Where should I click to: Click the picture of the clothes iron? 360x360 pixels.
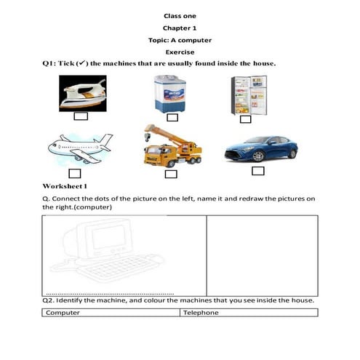point(81,94)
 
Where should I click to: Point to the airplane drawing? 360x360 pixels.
point(80,148)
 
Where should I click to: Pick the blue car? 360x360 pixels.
point(260,148)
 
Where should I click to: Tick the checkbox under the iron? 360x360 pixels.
point(81,116)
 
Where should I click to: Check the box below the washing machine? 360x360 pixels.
point(172,117)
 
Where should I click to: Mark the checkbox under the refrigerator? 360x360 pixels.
point(245,119)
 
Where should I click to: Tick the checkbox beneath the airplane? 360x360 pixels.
point(74,173)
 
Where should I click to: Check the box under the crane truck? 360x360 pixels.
point(171,174)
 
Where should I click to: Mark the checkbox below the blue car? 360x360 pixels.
point(257,171)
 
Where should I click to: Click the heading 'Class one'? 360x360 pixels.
point(180,15)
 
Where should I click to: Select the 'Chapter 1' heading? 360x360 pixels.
point(180,28)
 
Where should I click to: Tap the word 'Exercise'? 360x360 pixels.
point(180,52)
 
